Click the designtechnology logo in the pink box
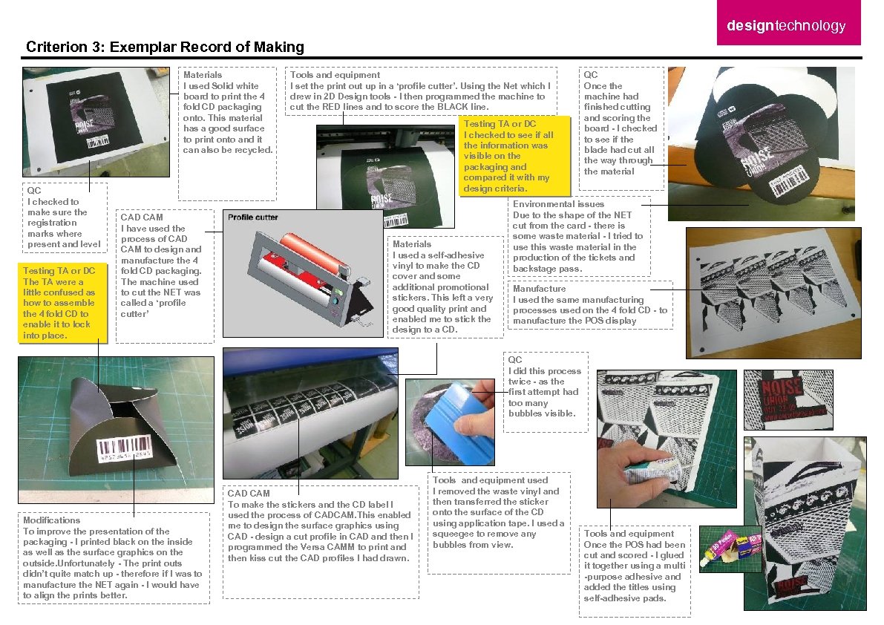pyautogui.click(x=786, y=27)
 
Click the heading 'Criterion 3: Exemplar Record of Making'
pyautogui.click(x=165, y=48)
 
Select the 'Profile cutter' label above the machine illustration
pyautogui.click(x=253, y=217)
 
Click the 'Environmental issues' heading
pyautogui.click(x=558, y=204)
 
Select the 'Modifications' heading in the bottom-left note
pyautogui.click(x=51, y=520)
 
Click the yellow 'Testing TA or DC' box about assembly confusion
pyautogui.click(x=65, y=303)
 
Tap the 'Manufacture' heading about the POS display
pyautogui.click(x=539, y=289)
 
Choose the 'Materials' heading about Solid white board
pyautogui.click(x=202, y=75)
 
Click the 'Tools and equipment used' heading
pyautogui.click(x=491, y=480)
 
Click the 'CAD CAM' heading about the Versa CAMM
pyautogui.click(x=249, y=494)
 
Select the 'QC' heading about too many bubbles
pyautogui.click(x=515, y=360)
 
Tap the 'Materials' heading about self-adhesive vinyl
pyautogui.click(x=412, y=244)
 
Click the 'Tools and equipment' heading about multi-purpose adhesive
pyautogui.click(x=629, y=534)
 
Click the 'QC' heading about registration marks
pyautogui.click(x=33, y=191)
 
